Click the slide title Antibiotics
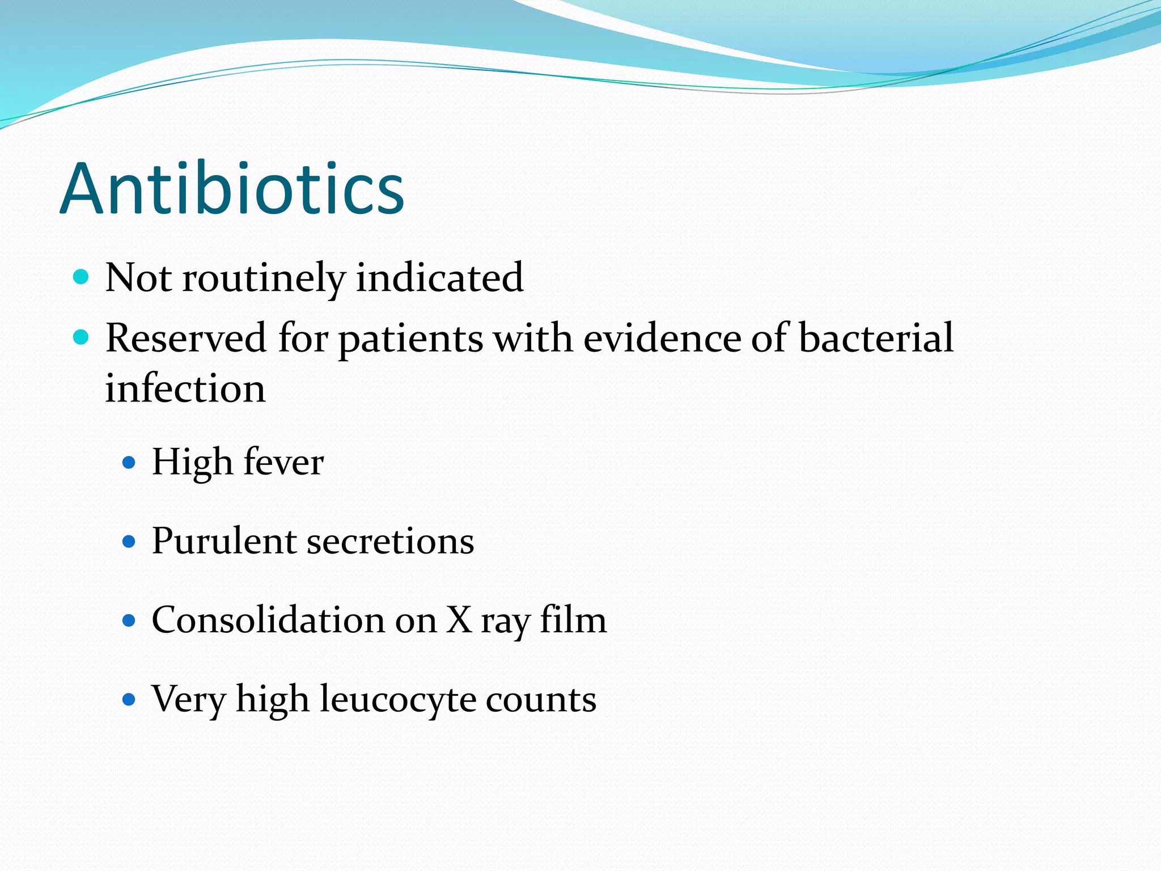232,188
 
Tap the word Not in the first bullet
138,278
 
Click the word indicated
439,278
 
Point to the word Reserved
186,338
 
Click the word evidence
662,338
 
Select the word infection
185,389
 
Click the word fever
284,462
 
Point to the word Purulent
224,541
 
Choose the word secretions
391,542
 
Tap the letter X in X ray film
460,620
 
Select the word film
573,620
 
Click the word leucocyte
398,699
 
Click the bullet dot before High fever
129,463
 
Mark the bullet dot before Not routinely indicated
82,277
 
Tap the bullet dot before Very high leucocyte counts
129,699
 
